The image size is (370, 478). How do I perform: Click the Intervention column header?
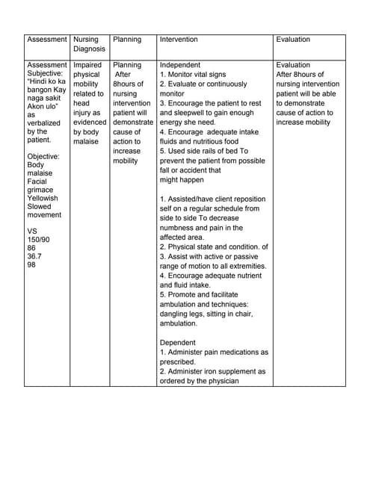(179, 40)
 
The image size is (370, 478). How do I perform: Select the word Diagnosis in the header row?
(90, 49)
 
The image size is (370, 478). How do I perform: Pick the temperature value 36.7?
(34, 255)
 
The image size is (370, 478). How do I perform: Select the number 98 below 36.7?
(31, 264)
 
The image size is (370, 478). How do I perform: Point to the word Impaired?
(88, 66)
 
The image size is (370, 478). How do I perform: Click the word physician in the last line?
(220, 381)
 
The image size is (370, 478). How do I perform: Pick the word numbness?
(180, 228)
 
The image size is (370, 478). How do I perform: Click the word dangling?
(176, 314)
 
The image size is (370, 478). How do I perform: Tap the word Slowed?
(40, 208)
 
